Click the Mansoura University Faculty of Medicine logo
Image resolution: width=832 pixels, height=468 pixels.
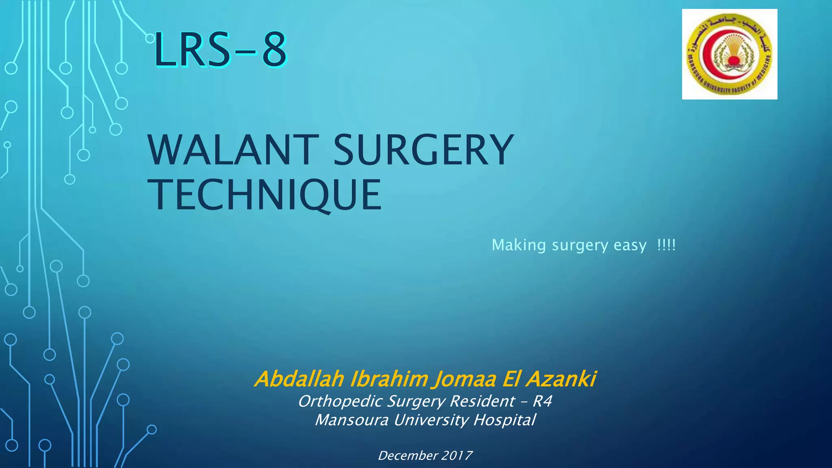(x=729, y=54)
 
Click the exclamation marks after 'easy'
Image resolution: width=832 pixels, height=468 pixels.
(x=666, y=245)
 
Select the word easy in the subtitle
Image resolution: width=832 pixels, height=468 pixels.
(x=630, y=245)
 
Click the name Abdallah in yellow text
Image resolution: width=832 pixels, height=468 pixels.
(x=300, y=379)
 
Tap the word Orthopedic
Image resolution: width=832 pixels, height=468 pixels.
(x=340, y=401)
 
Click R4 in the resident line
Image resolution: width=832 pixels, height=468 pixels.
(x=542, y=401)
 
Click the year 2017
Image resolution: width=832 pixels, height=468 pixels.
(x=457, y=455)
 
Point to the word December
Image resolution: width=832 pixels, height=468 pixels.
(x=408, y=455)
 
